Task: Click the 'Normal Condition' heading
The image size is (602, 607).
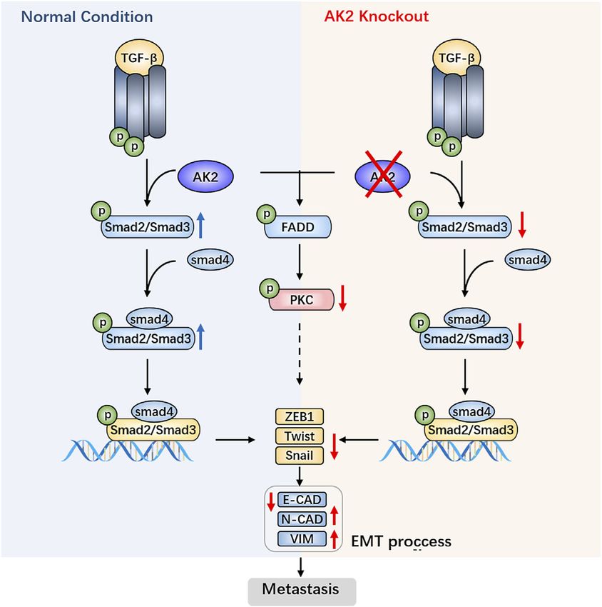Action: click(87, 16)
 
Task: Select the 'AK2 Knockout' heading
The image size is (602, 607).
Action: click(376, 16)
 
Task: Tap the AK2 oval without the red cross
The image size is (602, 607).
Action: click(205, 176)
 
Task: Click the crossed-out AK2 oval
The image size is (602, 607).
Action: click(383, 176)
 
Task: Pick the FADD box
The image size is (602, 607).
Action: click(297, 227)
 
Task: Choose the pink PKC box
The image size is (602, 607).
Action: click(302, 300)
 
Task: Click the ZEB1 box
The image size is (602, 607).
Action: click(300, 416)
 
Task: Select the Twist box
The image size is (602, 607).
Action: click(300, 436)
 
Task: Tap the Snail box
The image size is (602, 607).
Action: click(300, 456)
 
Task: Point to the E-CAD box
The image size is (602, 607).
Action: click(302, 500)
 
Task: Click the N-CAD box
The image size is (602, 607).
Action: click(302, 519)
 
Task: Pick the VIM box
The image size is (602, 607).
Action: click(302, 538)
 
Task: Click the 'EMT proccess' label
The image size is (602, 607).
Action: click(401, 541)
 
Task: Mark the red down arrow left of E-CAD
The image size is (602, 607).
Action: click(271, 502)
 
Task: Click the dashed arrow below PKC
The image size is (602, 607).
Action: click(300, 353)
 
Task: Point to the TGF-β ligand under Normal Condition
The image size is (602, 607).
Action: click(139, 58)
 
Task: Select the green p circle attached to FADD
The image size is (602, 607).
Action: click(266, 214)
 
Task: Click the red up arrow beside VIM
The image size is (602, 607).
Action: click(335, 539)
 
